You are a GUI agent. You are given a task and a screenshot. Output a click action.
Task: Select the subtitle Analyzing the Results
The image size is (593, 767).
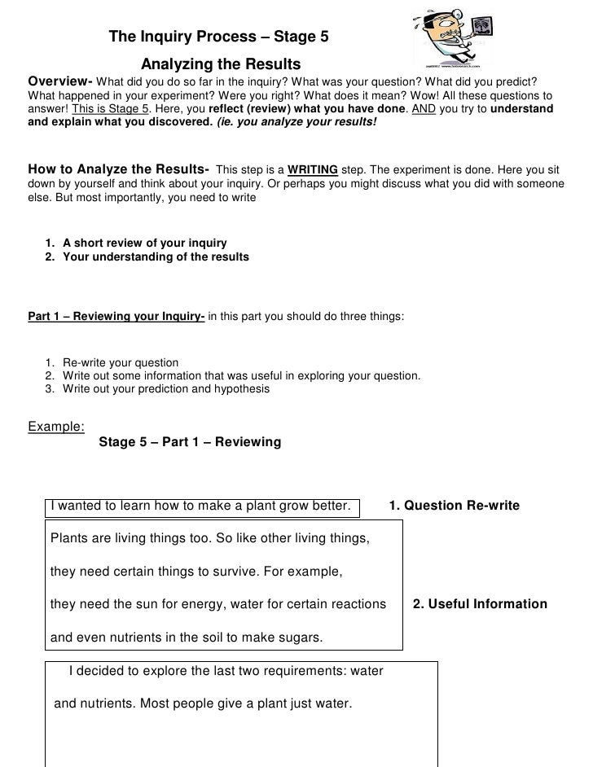click(221, 64)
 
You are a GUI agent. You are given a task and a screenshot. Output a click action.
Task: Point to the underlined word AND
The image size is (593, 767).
click(424, 109)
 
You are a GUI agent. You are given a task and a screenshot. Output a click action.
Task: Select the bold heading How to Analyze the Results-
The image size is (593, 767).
click(118, 169)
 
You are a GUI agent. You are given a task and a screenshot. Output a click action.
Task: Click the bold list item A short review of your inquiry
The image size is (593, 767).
click(144, 243)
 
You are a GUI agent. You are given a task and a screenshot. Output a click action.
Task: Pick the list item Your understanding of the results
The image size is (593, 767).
click(156, 256)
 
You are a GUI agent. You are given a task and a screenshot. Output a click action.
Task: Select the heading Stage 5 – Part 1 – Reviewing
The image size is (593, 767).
click(189, 442)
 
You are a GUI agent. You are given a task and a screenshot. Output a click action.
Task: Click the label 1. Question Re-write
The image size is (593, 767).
click(454, 506)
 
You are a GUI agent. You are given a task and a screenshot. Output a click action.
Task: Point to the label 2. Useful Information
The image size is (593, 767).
click(480, 604)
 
